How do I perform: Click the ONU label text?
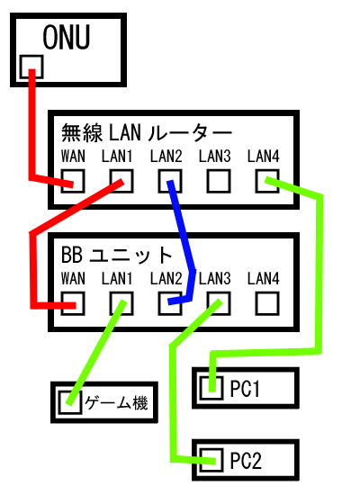click(67, 37)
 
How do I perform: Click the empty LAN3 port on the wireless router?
click(219, 181)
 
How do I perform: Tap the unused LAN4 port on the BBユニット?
click(267, 303)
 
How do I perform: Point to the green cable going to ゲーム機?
click(96, 352)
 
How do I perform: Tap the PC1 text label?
click(245, 388)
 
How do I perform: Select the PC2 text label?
click(246, 461)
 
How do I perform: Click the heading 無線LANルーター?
click(147, 132)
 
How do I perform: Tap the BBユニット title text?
click(116, 255)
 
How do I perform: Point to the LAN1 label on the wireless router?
click(117, 157)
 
